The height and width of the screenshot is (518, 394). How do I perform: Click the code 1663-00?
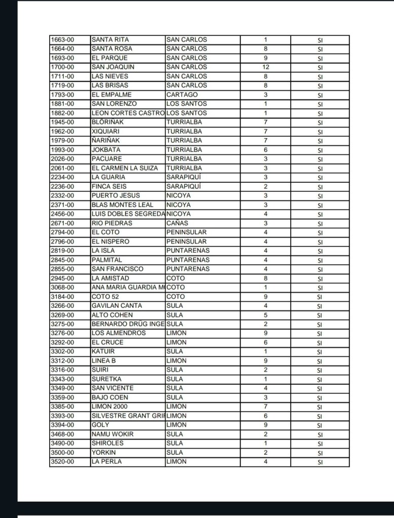coord(62,39)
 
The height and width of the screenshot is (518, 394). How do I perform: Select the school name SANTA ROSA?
coord(111,49)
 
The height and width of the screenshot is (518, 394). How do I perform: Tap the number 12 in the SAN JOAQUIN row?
coord(265,67)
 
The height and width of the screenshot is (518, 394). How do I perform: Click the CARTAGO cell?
coord(182,95)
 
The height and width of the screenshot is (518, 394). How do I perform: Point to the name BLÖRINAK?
coord(107,122)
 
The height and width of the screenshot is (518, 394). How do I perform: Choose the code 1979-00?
coord(62,140)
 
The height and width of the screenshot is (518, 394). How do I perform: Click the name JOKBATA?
coord(106,150)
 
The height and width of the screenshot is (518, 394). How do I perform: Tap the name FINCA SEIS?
coord(109,186)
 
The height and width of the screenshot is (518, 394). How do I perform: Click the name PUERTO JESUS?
coord(115,195)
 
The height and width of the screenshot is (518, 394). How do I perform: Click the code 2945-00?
coord(62,278)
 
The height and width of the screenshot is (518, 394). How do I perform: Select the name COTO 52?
coord(105,297)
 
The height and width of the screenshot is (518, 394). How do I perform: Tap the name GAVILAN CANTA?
coord(116,306)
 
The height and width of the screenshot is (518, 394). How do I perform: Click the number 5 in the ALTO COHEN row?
coord(265,315)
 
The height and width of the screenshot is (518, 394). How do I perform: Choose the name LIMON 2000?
coord(109,407)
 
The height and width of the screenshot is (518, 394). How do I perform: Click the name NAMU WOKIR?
coord(112,434)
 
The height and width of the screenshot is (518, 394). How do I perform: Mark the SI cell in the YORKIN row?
coord(320,453)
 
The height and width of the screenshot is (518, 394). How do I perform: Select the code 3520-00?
coord(62,462)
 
